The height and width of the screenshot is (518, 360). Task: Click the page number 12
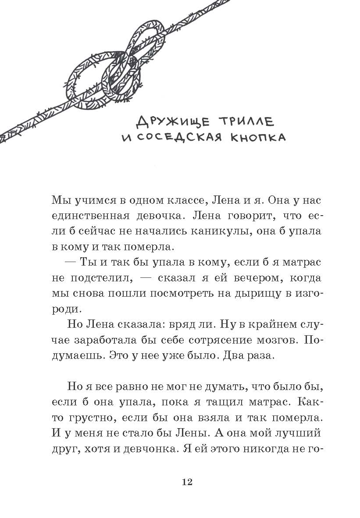186,482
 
